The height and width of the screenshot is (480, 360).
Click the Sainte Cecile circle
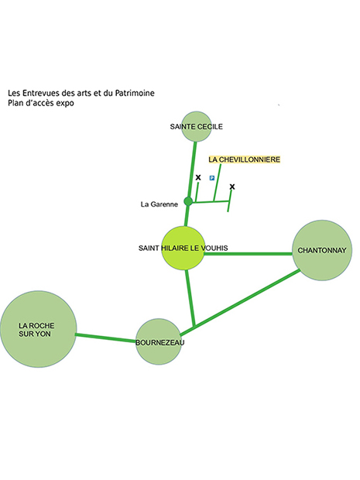[196, 126]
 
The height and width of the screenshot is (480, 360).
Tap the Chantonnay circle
[322, 250]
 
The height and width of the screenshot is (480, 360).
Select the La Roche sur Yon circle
[38, 329]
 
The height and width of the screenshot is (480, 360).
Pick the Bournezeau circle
[159, 341]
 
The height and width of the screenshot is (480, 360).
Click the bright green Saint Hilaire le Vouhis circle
[183, 248]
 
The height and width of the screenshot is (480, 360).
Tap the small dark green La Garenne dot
[188, 201]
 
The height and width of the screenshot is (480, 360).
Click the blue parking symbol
[212, 178]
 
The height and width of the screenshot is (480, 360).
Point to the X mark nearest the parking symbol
[198, 177]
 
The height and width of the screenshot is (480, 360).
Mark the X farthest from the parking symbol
[232, 187]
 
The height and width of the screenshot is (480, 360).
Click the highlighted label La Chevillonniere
[245, 159]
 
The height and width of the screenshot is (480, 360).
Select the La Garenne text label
[159, 204]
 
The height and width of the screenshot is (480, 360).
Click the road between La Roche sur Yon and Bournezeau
[106, 338]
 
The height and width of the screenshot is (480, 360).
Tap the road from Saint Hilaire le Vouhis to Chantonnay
[249, 253]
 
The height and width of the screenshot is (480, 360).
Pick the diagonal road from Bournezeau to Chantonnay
[240, 303]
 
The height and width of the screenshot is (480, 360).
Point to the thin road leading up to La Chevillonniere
[217, 183]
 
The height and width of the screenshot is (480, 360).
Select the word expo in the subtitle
[65, 103]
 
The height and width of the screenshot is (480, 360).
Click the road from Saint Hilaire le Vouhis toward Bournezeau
[190, 298]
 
